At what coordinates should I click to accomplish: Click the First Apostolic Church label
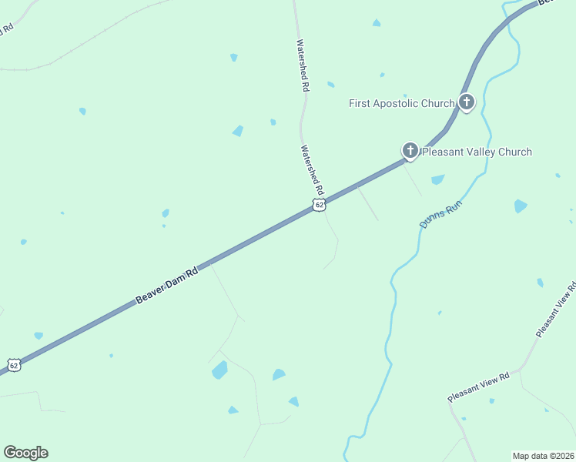[401, 103]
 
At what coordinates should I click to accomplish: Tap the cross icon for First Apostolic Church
[466, 102]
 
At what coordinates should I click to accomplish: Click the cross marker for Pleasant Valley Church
[410, 151]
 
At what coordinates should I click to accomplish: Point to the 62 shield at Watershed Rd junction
[320, 205]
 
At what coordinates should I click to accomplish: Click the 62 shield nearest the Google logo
[13, 364]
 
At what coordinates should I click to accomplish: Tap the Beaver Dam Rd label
[166, 285]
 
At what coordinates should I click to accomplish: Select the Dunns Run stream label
[438, 213]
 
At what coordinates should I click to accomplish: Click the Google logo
[25, 453]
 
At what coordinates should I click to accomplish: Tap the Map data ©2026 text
[543, 456]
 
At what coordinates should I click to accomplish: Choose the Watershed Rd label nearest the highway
[313, 170]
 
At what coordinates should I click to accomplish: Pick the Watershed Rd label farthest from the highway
[303, 66]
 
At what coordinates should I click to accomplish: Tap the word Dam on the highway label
[176, 280]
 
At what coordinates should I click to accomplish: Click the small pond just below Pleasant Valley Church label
[437, 179]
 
